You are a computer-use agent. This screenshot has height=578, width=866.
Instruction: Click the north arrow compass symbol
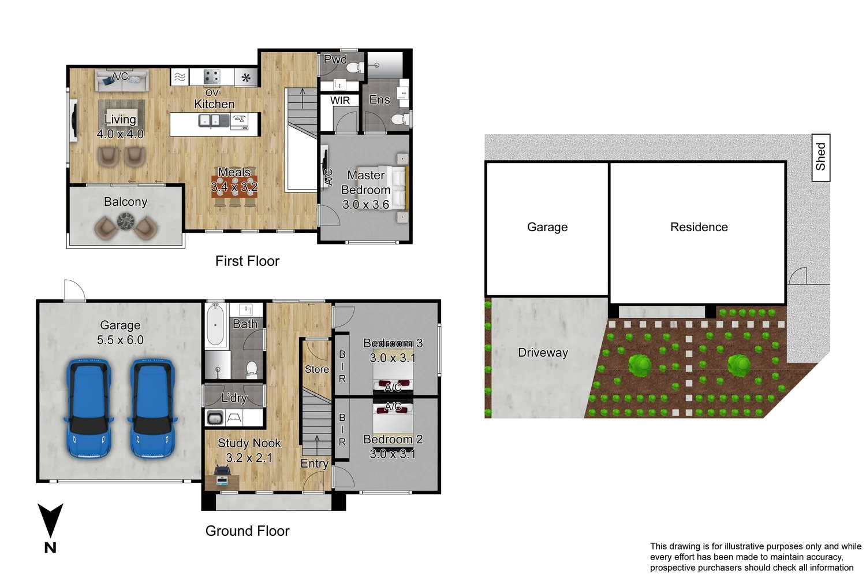point(50,527)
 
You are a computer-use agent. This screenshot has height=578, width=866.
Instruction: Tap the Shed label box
point(821,157)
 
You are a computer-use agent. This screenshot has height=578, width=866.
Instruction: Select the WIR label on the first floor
point(340,101)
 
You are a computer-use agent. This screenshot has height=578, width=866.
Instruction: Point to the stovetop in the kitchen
point(212,77)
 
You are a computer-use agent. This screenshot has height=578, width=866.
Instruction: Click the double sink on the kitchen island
point(209,120)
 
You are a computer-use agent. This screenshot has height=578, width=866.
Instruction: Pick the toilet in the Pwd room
point(355,69)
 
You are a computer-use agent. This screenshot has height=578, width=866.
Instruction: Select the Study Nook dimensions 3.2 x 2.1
point(249,458)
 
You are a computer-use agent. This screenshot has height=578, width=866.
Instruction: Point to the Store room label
point(316,369)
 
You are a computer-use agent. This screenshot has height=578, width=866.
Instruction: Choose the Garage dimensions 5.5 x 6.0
point(120,340)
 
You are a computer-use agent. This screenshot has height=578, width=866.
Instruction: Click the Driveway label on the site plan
point(543,353)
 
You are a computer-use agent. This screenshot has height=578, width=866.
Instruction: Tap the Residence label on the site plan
point(699,227)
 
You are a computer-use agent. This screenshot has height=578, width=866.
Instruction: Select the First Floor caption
point(248,261)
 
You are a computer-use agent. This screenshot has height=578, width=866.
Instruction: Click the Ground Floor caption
point(248,531)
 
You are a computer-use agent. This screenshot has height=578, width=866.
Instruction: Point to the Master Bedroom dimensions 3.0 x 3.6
point(365,205)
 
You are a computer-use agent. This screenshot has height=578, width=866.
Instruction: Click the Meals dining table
point(234,187)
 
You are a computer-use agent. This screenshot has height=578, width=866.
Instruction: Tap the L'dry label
point(234,398)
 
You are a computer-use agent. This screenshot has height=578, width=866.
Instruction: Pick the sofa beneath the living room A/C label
point(122,81)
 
